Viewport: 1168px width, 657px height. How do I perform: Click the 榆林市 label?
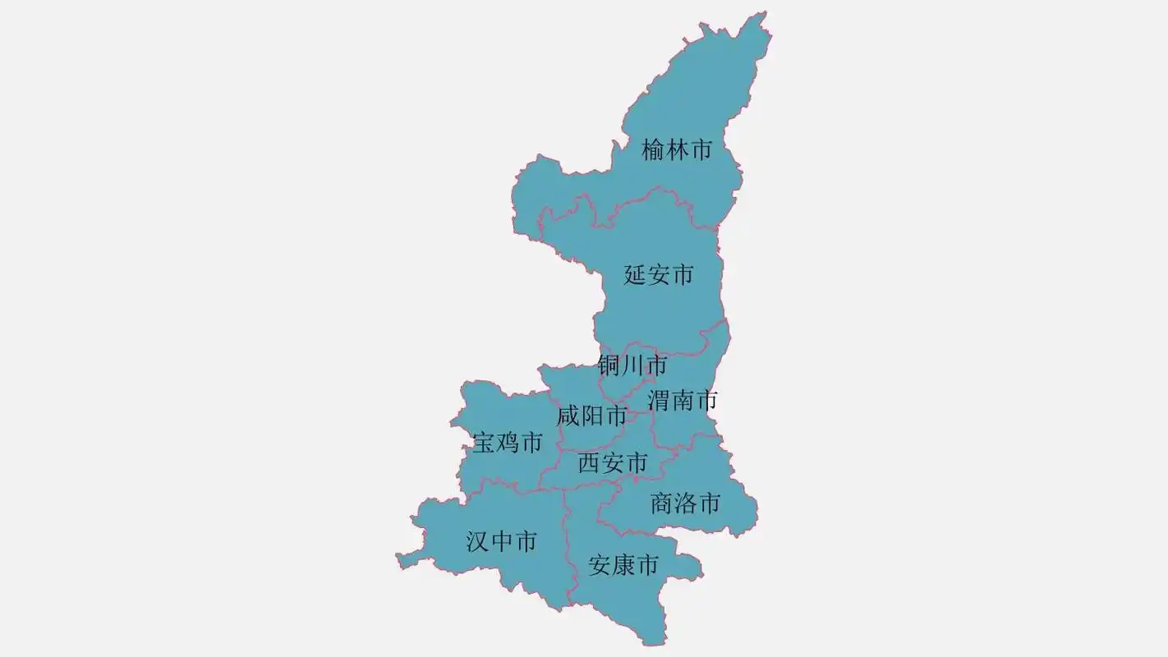pyautogui.click(x=676, y=149)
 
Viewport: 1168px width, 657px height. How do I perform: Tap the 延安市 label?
pyautogui.click(x=659, y=274)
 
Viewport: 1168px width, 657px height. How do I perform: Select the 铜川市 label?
pyautogui.click(x=632, y=365)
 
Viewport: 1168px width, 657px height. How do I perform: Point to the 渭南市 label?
pyautogui.click(x=683, y=401)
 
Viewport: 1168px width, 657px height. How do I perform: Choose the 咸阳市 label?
pyautogui.click(x=591, y=416)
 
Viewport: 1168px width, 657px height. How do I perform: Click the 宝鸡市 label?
pyautogui.click(x=508, y=443)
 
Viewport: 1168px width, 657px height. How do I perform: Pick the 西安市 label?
pyautogui.click(x=613, y=463)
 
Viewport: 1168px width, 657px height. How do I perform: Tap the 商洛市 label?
pyautogui.click(x=686, y=503)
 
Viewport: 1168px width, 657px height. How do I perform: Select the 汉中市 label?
pyautogui.click(x=502, y=541)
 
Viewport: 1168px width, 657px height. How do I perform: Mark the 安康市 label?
pyautogui.click(x=624, y=565)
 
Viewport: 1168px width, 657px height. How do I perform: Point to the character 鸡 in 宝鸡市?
pyautogui.click(x=508, y=443)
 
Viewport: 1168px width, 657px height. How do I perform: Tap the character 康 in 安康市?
pyautogui.click(x=624, y=565)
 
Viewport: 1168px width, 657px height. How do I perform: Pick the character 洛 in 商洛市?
pyautogui.click(x=686, y=503)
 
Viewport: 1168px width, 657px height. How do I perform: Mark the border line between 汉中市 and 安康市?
pyautogui.click(x=568, y=542)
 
